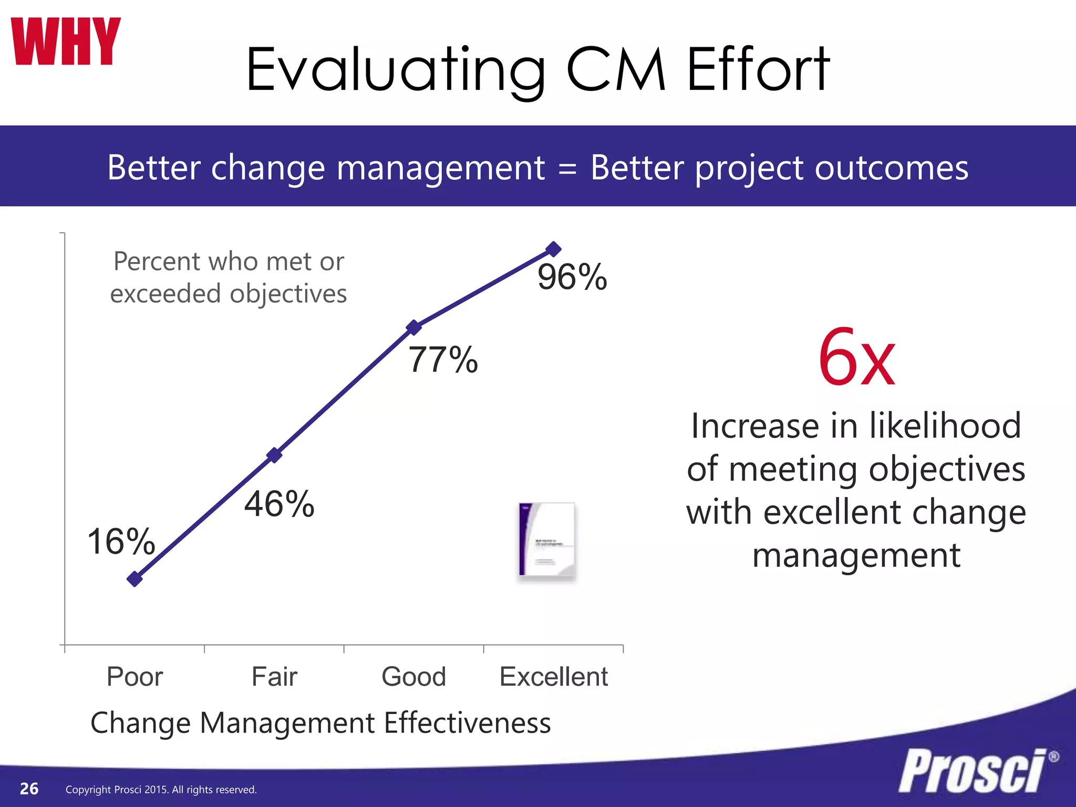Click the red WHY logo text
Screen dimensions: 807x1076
(x=66, y=42)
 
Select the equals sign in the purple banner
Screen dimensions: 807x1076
(x=567, y=169)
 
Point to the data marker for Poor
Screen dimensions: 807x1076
(x=135, y=579)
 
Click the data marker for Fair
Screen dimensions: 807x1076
(x=274, y=455)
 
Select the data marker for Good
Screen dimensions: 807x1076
(x=414, y=327)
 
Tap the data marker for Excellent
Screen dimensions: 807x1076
(x=553, y=249)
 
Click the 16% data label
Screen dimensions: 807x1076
(x=121, y=541)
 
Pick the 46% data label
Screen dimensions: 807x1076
(x=279, y=504)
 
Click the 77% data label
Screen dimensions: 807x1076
(x=443, y=360)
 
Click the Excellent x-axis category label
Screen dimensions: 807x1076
(x=553, y=676)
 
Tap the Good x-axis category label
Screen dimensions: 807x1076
(x=414, y=676)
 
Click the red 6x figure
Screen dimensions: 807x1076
(x=856, y=358)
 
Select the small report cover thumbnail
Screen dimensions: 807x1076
(x=546, y=541)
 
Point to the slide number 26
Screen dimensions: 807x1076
(x=29, y=789)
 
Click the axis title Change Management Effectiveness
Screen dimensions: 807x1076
(x=320, y=723)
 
